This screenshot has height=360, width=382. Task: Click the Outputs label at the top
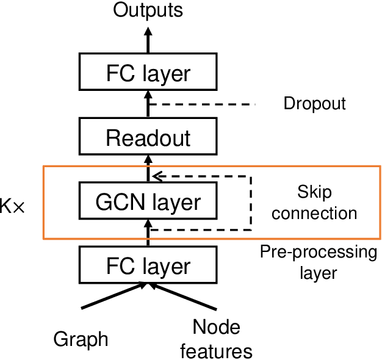click(x=147, y=10)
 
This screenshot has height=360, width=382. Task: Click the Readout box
click(x=148, y=138)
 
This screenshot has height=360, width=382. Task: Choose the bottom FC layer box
click(x=148, y=267)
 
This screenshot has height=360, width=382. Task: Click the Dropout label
click(x=314, y=104)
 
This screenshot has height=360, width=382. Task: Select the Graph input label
click(x=81, y=339)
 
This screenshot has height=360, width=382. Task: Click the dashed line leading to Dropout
click(x=201, y=104)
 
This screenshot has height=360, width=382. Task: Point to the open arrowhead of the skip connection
click(x=156, y=176)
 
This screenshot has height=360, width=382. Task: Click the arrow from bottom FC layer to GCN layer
click(x=148, y=234)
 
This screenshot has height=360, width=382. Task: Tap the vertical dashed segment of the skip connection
click(x=251, y=203)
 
